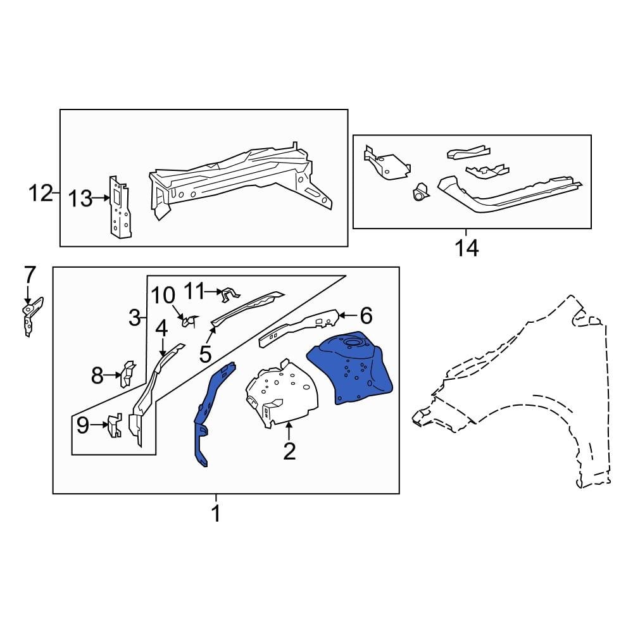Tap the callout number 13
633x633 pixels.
point(81,199)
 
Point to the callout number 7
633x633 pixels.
point(30,275)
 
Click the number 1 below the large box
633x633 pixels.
point(216,513)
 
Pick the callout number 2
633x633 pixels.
point(289,451)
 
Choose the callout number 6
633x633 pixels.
point(366,315)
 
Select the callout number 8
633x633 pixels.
point(97,376)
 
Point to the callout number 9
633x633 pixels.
point(83,426)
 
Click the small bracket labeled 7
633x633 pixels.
point(30,315)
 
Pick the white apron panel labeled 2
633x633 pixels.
point(279,394)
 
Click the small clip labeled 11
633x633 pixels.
point(229,292)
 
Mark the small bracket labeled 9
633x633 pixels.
point(113,425)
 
